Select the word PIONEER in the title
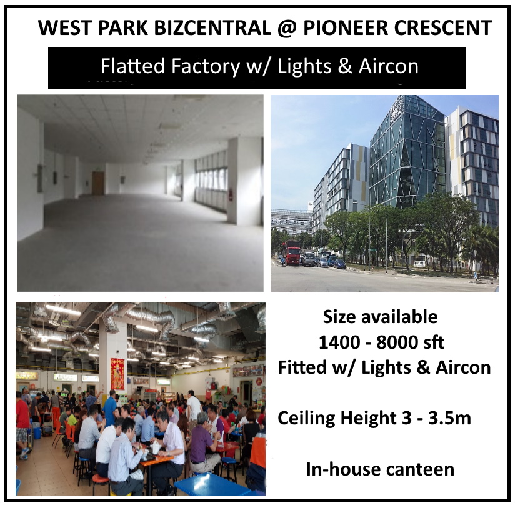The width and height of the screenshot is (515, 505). [x=345, y=28]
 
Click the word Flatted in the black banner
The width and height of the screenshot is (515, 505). [x=132, y=66]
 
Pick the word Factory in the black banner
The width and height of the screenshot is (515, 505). [x=206, y=67]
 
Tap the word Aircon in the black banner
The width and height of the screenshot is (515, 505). [x=388, y=66]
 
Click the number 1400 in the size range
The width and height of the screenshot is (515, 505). [x=339, y=342]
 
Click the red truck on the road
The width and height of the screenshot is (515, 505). [x=292, y=252]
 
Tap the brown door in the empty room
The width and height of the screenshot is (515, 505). [x=98, y=183]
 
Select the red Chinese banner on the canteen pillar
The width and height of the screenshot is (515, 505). [x=117, y=374]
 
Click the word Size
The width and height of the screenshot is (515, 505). [x=340, y=317]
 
